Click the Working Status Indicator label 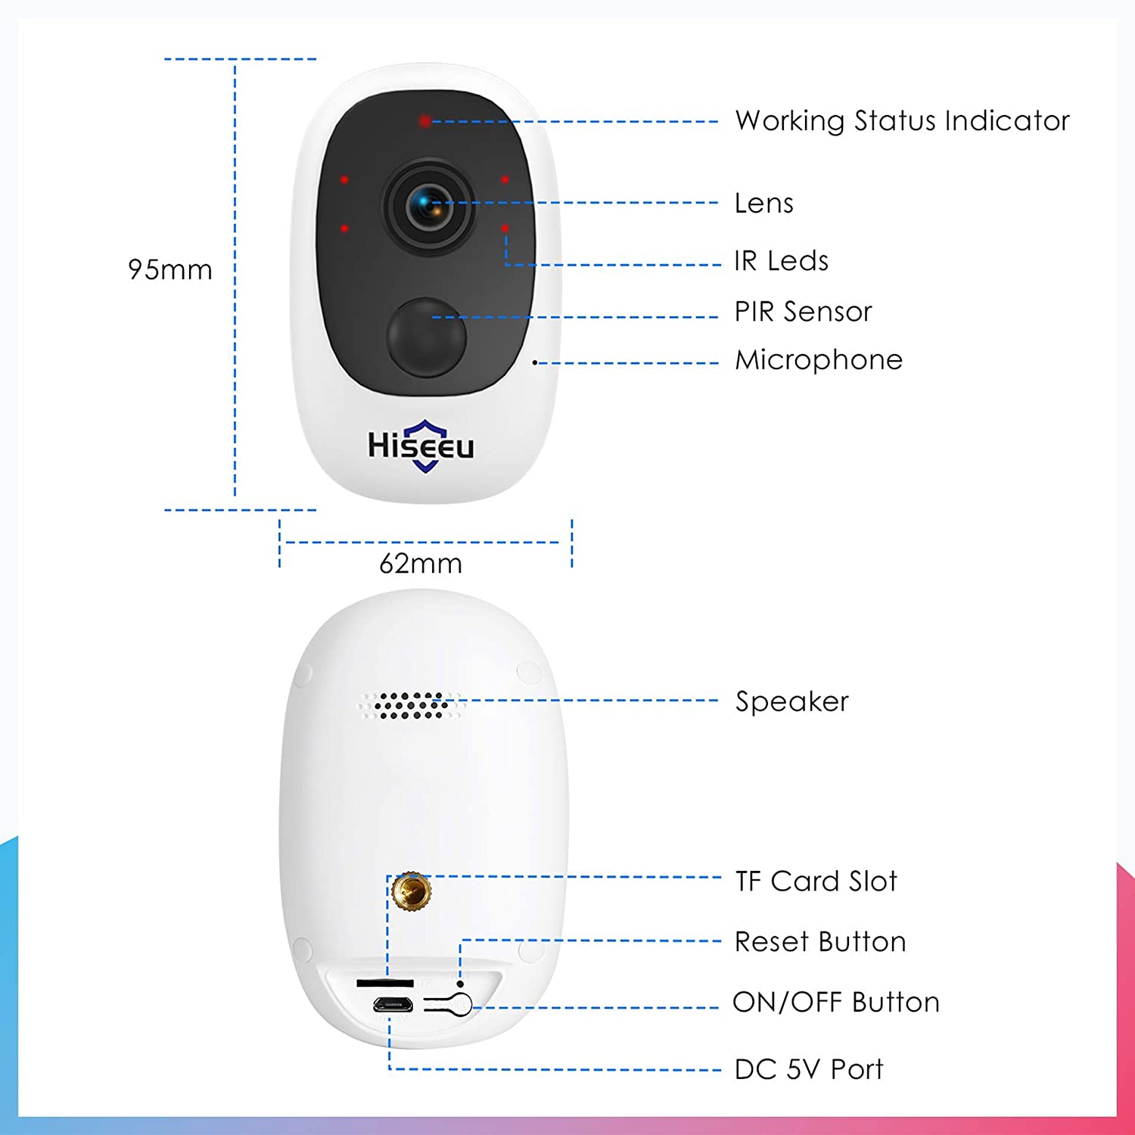[x=902, y=121]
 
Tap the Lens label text [x=764, y=203]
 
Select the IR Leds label [x=782, y=260]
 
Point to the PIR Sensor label [x=804, y=311]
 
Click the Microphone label [x=819, y=360]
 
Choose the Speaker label [x=792, y=701]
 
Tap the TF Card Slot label [x=816, y=881]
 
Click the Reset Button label [x=820, y=941]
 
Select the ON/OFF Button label [x=836, y=1002]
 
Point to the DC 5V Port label [x=809, y=1069]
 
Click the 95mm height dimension [x=170, y=269]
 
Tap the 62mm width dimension [x=421, y=564]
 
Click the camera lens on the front [x=429, y=204]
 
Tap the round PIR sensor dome [x=427, y=337]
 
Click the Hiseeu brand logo [x=421, y=446]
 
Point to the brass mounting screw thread [x=412, y=891]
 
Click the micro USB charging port [x=392, y=1006]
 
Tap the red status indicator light [x=425, y=121]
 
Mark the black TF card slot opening [x=385, y=983]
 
